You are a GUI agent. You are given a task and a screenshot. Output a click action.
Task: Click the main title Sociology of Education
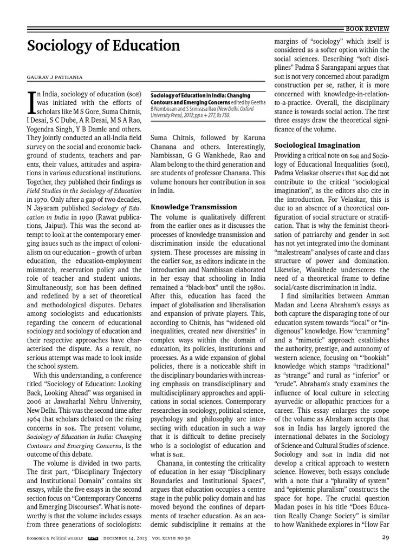click(104, 46)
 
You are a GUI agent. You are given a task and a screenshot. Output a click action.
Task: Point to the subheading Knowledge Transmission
click(193, 207)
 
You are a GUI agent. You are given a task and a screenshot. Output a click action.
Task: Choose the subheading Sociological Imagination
click(317, 145)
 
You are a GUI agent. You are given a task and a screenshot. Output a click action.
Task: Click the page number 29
click(384, 538)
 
